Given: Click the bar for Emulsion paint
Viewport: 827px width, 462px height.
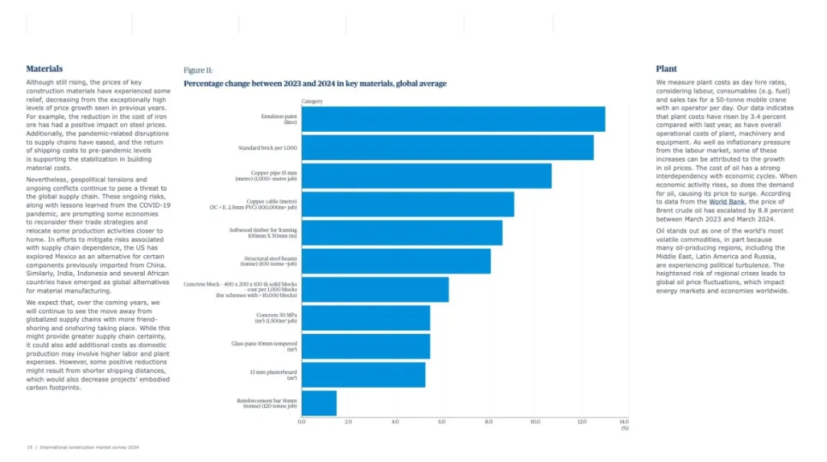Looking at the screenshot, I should coord(453,120).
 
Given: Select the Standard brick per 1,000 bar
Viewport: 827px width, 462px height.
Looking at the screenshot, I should coord(447,148).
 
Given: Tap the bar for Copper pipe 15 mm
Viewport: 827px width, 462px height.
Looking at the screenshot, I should coord(426,176).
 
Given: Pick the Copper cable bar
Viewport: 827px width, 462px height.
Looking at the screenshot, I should coord(407,205).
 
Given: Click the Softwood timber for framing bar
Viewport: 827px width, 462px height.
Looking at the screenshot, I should coord(401,233).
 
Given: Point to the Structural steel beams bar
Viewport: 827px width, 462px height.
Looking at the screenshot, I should coord(396,261).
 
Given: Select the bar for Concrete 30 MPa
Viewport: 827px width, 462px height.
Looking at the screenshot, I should coord(365,318).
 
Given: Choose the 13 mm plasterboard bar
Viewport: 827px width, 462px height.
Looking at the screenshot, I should coord(363,375).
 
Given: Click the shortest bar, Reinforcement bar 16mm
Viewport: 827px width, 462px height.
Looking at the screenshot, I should coord(319,403).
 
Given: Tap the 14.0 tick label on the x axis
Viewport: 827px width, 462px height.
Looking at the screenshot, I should coord(623,422).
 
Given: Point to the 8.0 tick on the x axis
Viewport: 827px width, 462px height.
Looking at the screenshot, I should coord(488,422).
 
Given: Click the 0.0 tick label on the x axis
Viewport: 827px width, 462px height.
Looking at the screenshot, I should coord(302,422).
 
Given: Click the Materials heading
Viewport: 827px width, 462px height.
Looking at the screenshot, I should coord(44,69).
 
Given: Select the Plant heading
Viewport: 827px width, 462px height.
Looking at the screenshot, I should coord(666,69).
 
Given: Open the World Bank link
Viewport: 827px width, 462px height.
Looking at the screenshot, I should coord(726,202).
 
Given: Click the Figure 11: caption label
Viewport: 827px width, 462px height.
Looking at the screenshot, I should coord(198,70).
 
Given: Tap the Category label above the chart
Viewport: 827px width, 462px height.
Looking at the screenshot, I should coord(312,101).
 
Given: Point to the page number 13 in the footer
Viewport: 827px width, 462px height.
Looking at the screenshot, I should coord(29,447).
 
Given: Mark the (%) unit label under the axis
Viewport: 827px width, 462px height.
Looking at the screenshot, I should coord(625,428).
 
